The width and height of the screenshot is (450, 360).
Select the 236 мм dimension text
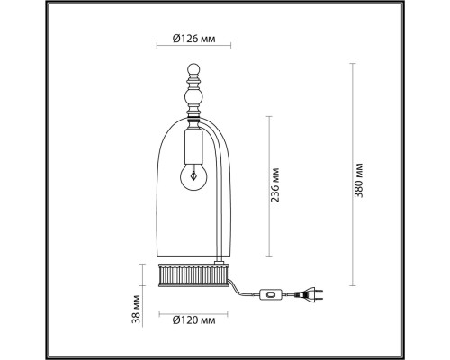[277, 187]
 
